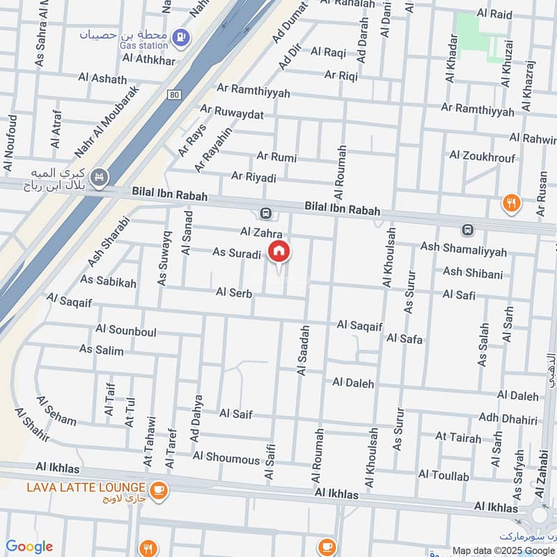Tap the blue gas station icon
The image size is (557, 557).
180,36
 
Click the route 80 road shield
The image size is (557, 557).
173,93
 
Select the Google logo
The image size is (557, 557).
29,547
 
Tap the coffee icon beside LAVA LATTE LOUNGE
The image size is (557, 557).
159,489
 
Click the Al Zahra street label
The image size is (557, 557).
259,232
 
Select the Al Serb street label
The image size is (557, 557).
233,293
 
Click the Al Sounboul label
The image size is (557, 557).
125,329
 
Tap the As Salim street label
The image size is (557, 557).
101,350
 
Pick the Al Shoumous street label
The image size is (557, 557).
226,457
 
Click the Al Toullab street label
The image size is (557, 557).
444,476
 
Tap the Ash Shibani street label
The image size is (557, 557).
472,274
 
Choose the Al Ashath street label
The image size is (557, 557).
102,79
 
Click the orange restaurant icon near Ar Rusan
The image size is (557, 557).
512,203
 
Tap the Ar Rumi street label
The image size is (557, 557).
276,157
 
